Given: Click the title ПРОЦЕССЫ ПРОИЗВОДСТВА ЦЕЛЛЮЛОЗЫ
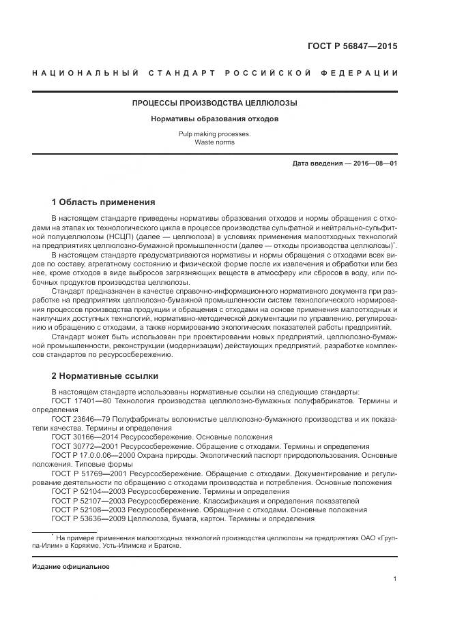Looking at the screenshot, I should point(214,104).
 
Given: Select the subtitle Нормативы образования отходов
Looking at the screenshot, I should point(214,119).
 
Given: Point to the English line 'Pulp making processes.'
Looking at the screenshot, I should point(214,134).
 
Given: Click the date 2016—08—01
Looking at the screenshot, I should point(373,164).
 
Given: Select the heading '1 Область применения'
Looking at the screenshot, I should point(103,202).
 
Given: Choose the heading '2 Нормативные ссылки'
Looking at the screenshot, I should point(104,375).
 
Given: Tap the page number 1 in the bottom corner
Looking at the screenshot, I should point(395,579).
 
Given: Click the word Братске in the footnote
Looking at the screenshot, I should point(169,545).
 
